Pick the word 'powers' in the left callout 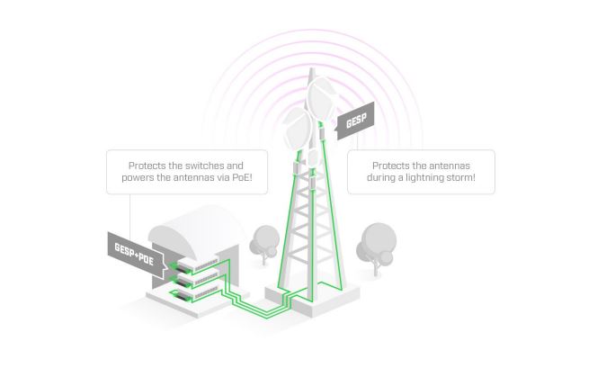point(136,178)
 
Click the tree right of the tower point(377,238)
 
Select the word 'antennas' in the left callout point(199,178)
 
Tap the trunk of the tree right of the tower point(376,262)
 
